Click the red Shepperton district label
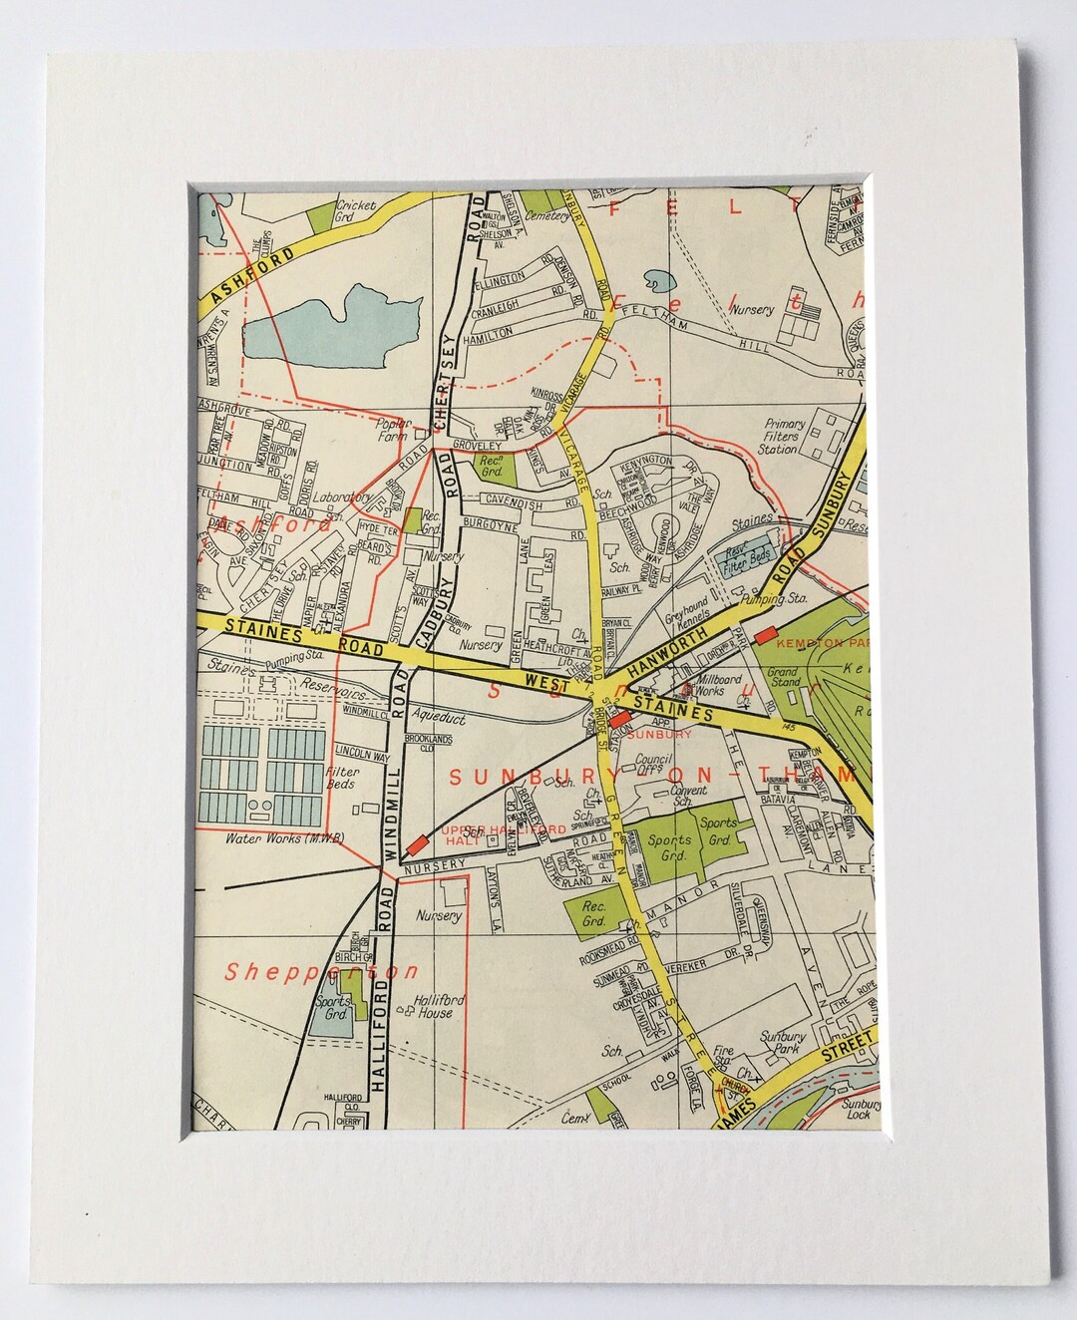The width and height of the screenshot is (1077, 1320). tap(321, 972)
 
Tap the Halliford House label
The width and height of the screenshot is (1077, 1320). tap(426, 1006)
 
